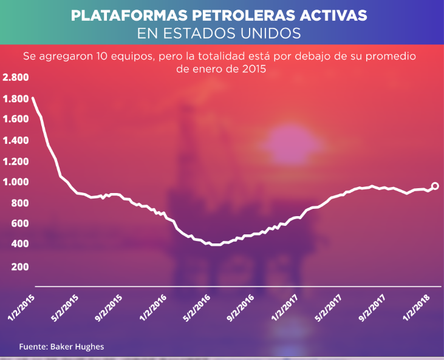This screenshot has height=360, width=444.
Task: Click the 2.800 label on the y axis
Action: (15, 78)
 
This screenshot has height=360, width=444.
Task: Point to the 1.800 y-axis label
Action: (15, 99)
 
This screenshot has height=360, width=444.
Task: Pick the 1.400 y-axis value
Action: (15, 140)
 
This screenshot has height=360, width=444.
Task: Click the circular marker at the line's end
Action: (435, 186)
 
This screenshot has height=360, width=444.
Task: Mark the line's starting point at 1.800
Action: (32, 98)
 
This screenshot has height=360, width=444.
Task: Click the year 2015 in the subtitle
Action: (253, 70)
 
